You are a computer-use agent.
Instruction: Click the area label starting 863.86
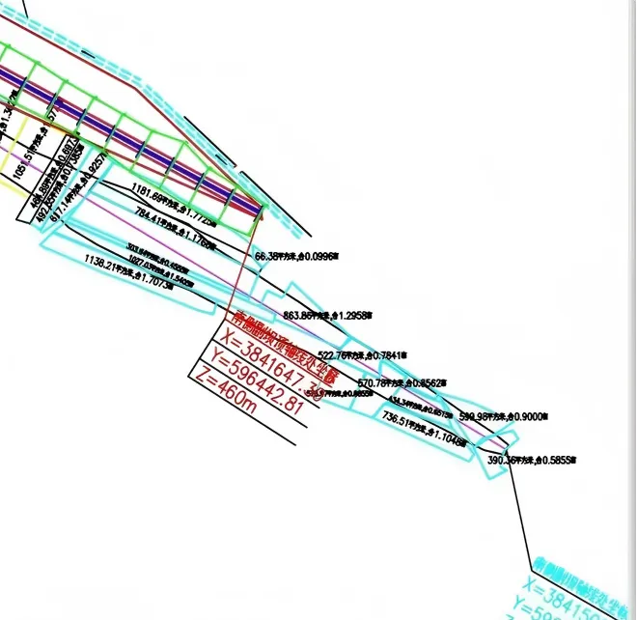coord(328,316)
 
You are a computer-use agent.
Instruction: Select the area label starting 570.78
coord(402,382)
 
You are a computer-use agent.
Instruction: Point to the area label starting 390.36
coord(532,461)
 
